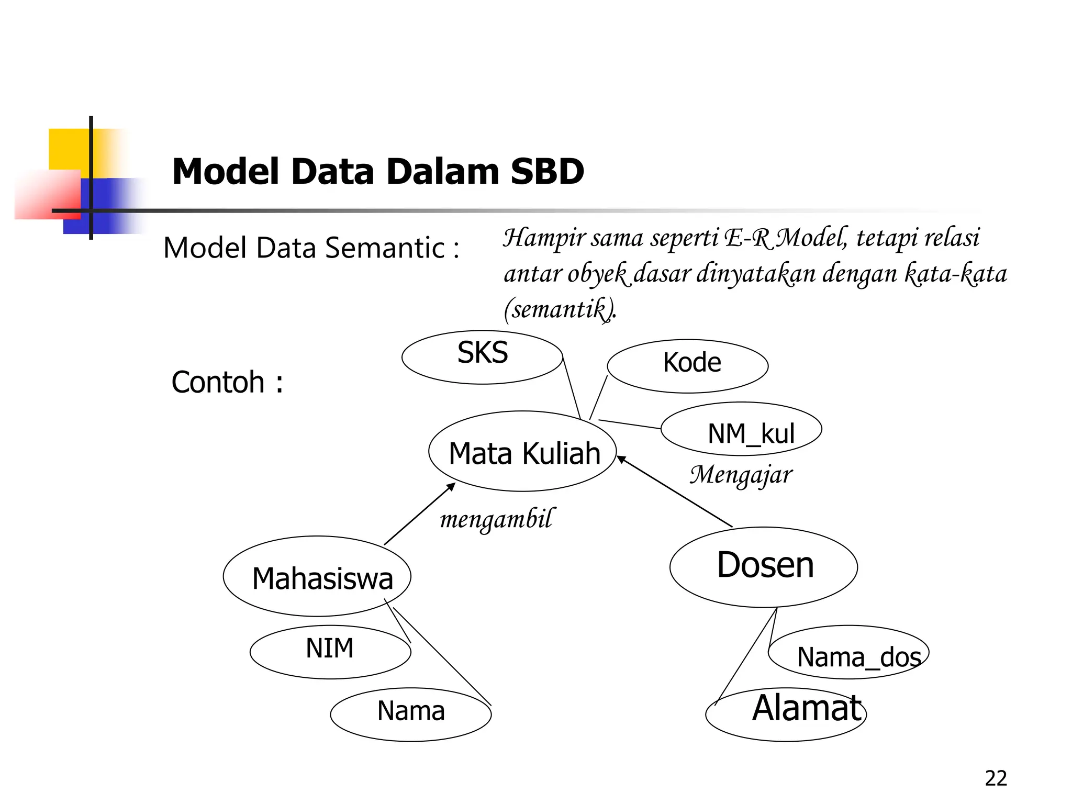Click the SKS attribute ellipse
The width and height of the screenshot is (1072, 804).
tap(482, 358)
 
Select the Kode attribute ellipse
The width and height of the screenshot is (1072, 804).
tap(687, 366)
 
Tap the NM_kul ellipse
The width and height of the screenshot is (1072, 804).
tap(741, 429)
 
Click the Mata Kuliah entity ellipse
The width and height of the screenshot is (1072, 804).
tap(522, 452)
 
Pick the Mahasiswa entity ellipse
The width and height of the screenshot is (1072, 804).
tap(317, 576)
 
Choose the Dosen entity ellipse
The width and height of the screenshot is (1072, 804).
tap(763, 567)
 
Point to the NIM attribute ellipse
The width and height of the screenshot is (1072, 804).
tap(330, 652)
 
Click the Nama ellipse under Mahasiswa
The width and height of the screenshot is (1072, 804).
tap(411, 714)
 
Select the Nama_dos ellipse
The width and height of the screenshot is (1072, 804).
tap(848, 652)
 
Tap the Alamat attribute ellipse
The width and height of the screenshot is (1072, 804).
tap(786, 714)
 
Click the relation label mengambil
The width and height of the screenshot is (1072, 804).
tap(495, 519)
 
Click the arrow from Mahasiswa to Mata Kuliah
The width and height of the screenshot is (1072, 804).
tap(419, 514)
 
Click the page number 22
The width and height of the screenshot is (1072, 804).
tap(996, 778)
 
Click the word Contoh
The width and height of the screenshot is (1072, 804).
tap(218, 382)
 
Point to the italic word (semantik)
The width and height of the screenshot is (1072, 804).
tap(559, 309)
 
